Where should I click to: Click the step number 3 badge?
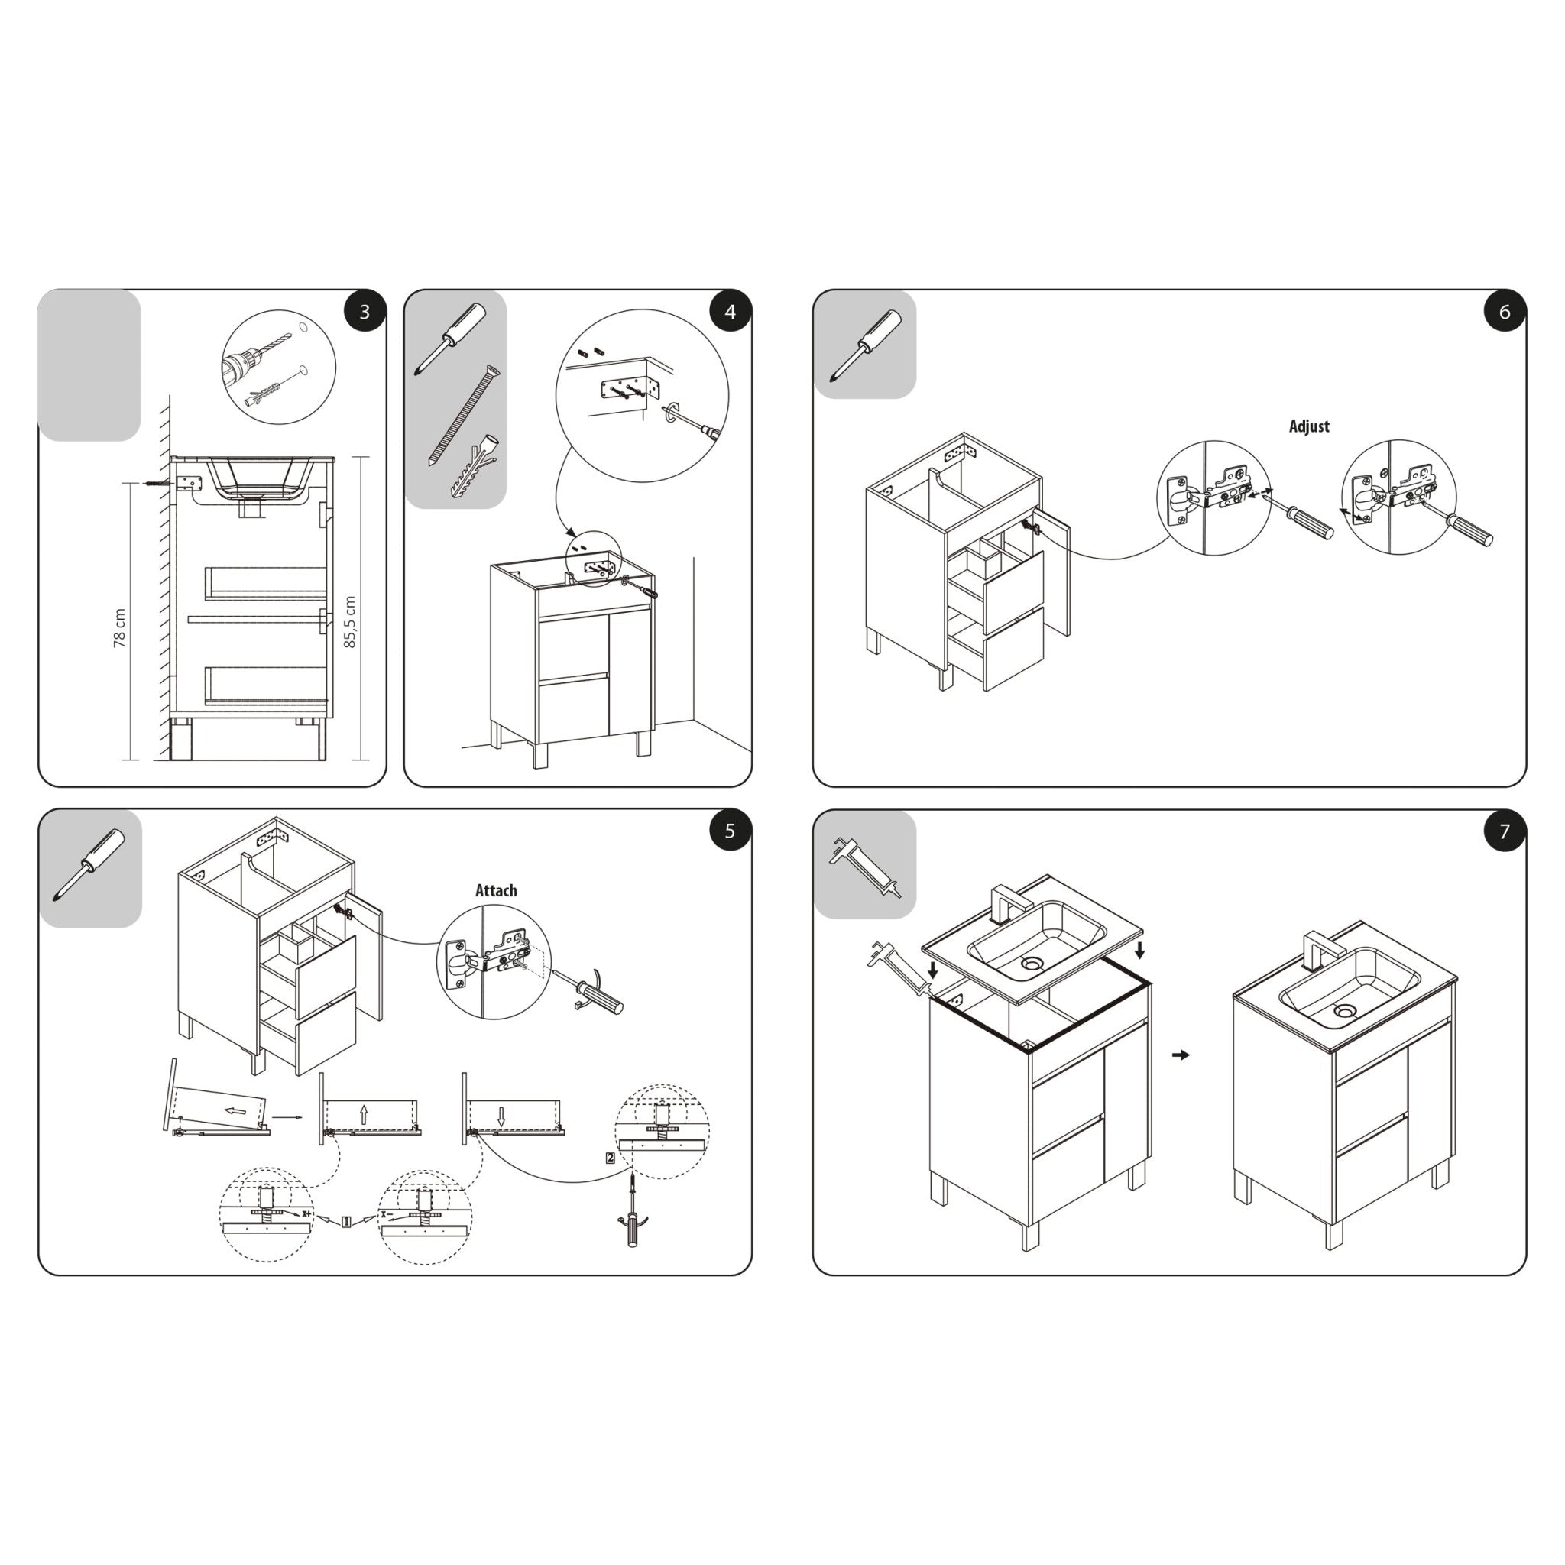coord(365,312)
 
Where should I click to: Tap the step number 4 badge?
coord(730,312)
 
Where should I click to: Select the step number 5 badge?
coord(730,831)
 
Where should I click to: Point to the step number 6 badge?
coord(1504,312)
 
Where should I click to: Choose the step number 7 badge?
coord(1504,831)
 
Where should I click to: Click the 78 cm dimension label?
coord(120,628)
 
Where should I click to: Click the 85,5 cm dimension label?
coord(350,622)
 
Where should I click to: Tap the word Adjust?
coord(1309,426)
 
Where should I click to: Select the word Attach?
coord(496,890)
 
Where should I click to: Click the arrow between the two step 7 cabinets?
coord(1181,1055)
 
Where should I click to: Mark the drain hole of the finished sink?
coord(1345,1011)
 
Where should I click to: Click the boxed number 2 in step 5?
coord(610,1158)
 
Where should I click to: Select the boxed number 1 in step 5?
coord(346,1222)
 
